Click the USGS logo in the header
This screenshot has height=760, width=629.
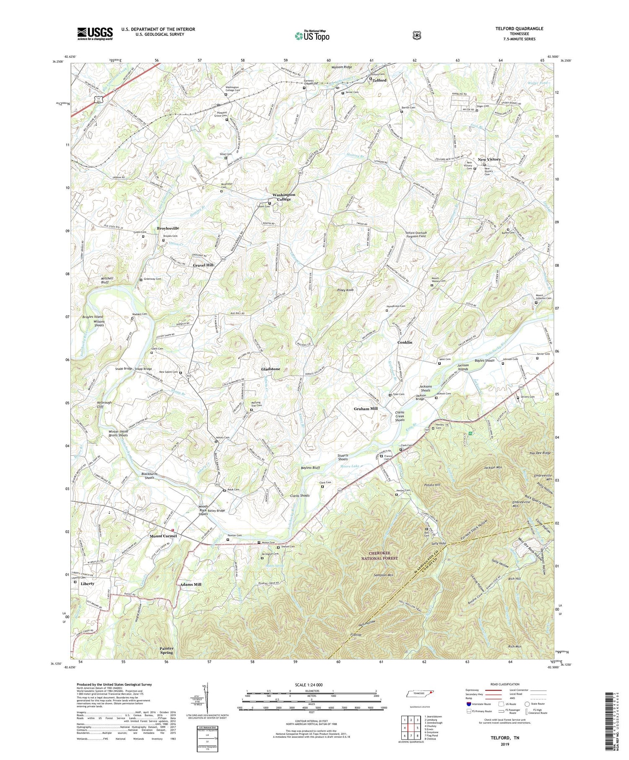coord(95,34)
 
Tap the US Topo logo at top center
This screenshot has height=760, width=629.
coord(312,36)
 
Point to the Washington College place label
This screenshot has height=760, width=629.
coord(284,197)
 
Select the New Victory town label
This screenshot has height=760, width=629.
coord(489,159)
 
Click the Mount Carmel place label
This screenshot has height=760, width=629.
coord(164,536)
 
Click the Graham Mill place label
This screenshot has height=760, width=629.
coord(366,408)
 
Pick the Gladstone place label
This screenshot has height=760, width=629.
coord(270,369)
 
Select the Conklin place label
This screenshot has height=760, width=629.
coord(405,342)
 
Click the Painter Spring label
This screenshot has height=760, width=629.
coord(166,651)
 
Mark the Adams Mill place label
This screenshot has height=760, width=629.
coord(191,584)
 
